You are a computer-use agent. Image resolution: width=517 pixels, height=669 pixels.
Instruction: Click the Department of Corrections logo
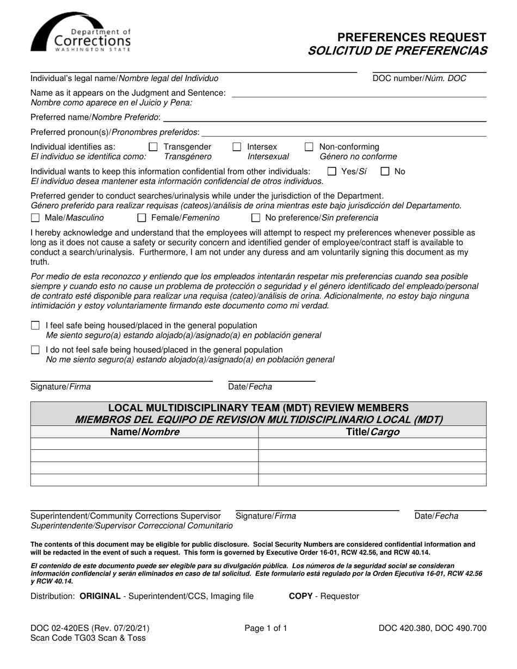[x=81, y=34]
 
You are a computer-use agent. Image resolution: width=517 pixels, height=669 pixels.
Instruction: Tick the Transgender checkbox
[x=153, y=147]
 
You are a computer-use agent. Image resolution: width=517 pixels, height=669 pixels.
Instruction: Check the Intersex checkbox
[x=237, y=147]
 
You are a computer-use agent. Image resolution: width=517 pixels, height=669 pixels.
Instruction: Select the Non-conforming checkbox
[x=309, y=147]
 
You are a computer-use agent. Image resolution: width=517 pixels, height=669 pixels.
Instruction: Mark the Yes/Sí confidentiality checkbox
[x=332, y=172]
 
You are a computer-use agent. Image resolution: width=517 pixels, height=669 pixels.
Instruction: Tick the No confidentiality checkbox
[x=385, y=172]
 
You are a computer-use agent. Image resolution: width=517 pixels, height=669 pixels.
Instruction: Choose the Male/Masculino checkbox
[x=35, y=218]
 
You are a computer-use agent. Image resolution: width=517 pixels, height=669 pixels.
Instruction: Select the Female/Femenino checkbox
[x=142, y=218]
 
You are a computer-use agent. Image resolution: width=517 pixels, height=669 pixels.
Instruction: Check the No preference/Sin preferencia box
[x=255, y=218]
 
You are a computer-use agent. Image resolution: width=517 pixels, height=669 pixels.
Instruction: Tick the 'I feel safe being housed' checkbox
[x=35, y=326]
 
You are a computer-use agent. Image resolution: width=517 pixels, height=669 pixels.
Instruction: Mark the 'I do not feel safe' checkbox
[x=35, y=350]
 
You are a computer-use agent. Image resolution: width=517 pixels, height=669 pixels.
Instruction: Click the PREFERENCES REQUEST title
[x=411, y=38]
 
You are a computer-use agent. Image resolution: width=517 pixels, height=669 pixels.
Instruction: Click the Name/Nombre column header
[x=144, y=432]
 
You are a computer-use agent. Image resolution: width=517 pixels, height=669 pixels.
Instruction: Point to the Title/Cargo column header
[x=372, y=432]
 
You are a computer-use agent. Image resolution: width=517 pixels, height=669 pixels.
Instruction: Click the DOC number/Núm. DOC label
[x=419, y=78]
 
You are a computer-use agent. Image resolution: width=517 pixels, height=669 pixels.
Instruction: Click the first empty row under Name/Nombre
[x=144, y=444]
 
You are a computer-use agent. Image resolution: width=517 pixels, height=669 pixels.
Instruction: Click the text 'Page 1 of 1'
[x=266, y=628]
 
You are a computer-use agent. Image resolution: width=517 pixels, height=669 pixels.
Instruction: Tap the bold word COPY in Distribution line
[x=300, y=596]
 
